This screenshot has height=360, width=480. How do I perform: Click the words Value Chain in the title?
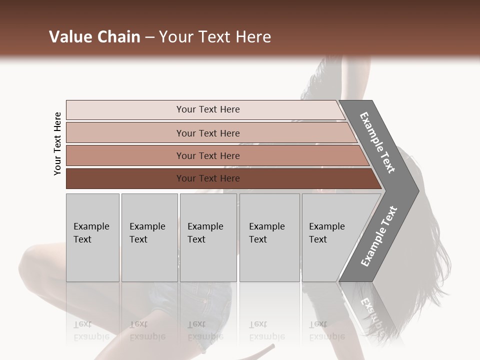tap(94, 37)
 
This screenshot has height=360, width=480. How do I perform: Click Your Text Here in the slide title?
tap(215, 37)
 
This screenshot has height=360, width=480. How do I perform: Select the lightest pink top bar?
tap(207, 109)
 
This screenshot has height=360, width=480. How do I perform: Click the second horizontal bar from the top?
tap(207, 133)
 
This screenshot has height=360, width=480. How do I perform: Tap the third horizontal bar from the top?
tap(207, 155)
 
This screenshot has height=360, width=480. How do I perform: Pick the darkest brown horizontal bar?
tap(207, 178)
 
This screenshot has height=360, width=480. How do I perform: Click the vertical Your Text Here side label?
tap(57, 143)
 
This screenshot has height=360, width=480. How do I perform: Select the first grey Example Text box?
tap(92, 237)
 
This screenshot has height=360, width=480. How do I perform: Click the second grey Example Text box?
tap(149, 237)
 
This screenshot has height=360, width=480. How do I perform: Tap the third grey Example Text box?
tap(208, 237)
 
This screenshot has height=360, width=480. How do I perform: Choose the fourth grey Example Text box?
tap(269, 237)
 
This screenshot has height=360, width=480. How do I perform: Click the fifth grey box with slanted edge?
tap(330, 237)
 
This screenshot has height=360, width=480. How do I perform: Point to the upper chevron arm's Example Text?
tap(377, 142)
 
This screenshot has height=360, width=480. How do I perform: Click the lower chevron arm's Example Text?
tap(378, 236)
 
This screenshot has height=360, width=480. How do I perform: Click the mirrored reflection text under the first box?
tap(91, 330)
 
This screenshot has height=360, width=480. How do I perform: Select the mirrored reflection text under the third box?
tap(205, 330)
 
